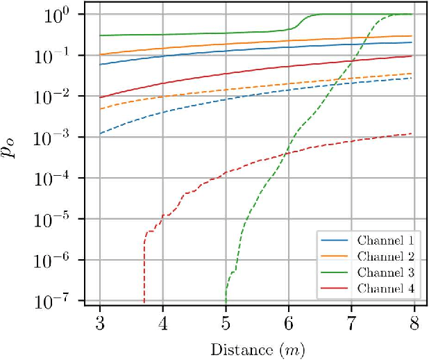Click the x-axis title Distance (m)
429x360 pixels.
(257, 347)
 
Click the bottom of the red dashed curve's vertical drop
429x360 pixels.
(144, 302)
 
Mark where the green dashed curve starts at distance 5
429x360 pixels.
(226, 300)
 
